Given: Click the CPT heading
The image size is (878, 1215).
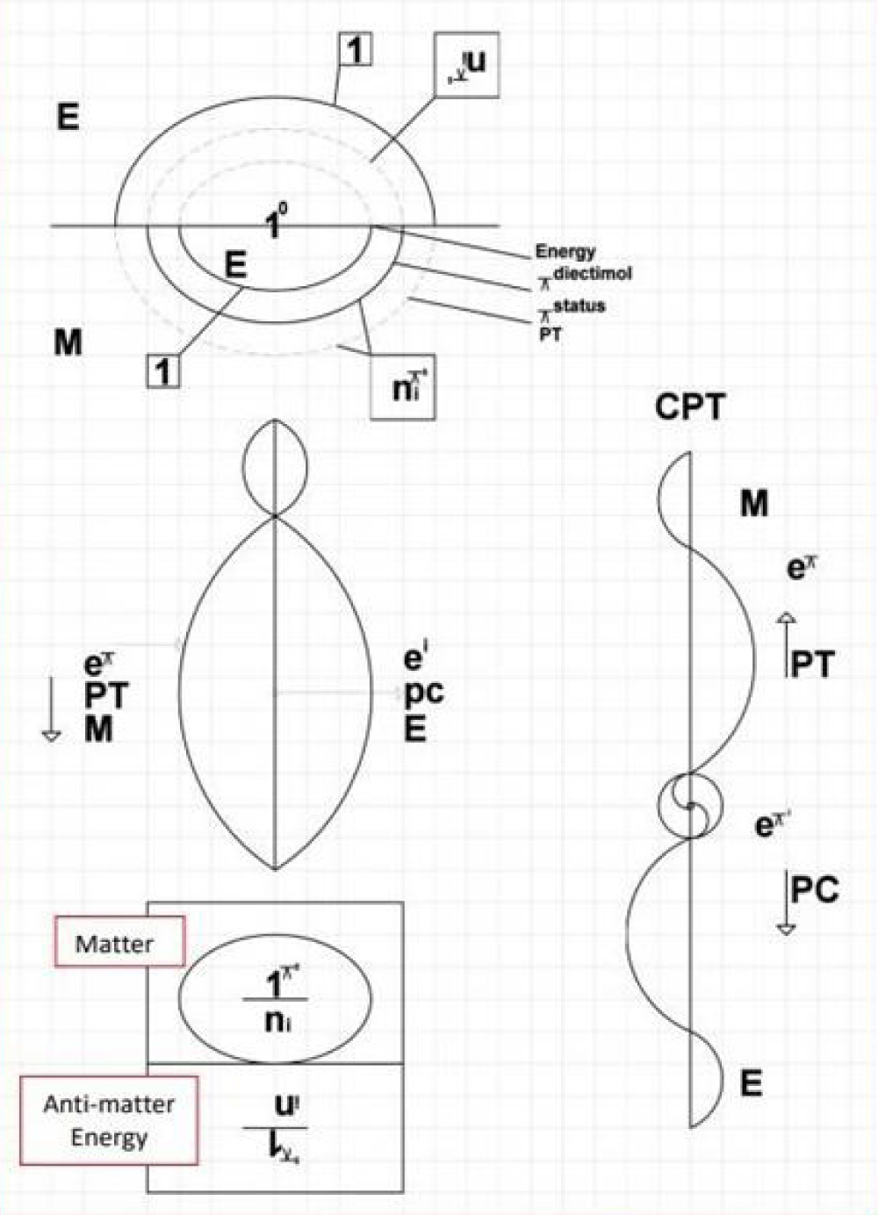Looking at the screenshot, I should tap(690, 408).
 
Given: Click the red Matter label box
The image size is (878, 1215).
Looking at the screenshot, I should tap(119, 943).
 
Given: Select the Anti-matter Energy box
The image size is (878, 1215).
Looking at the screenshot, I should tap(109, 1120).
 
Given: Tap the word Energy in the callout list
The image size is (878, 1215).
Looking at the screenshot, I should tap(565, 252).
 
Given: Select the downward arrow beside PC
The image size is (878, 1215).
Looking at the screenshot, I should tap(787, 904).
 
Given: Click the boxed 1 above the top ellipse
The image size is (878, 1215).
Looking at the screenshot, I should tap(355, 52).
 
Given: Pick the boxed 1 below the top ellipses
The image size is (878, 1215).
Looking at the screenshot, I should tap(163, 372).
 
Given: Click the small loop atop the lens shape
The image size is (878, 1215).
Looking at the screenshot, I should tap(276, 469).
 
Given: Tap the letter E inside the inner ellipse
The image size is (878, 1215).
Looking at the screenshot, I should tap(234, 265).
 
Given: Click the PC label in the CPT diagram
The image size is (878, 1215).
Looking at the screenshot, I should tap(814, 890).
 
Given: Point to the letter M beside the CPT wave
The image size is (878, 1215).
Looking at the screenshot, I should tap(753, 504).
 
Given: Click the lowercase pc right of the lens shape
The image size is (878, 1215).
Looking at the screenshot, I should tap(424, 694).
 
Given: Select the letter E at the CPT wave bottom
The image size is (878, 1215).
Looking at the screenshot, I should tap(752, 1084).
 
